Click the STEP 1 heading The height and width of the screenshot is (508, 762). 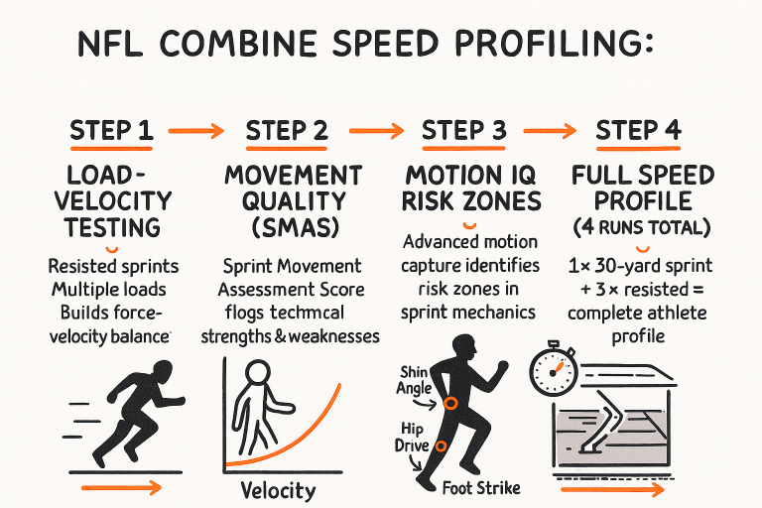pos(111,131)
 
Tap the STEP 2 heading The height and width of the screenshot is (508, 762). pos(289,131)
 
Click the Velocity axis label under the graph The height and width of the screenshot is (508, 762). pos(279,490)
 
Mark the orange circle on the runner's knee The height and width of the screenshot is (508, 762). pos(450,402)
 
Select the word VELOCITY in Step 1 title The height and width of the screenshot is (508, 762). pos(111,201)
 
